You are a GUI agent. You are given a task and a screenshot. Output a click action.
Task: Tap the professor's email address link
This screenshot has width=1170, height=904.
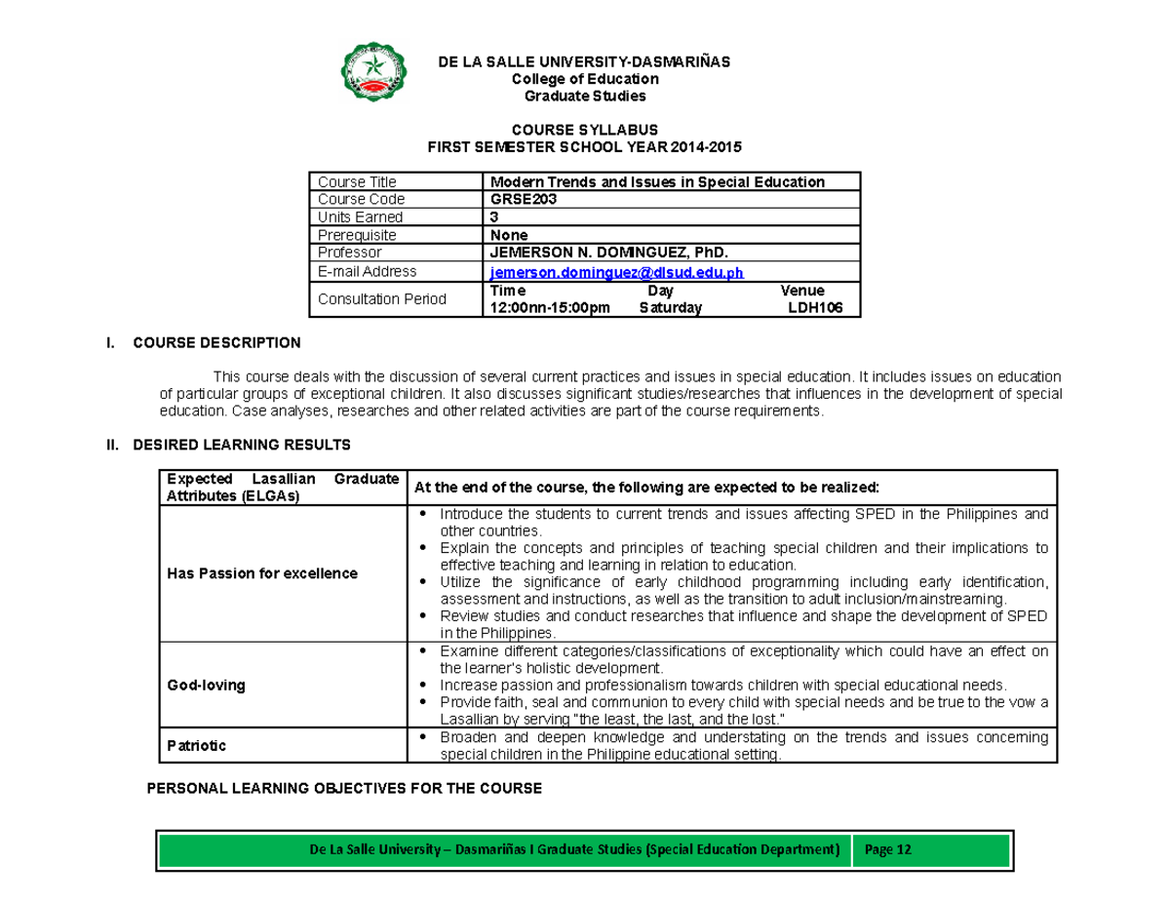[608, 272]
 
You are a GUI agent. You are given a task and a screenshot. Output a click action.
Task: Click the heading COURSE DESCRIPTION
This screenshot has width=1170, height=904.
[216, 343]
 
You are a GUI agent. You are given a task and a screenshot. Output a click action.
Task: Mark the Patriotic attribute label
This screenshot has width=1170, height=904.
[197, 746]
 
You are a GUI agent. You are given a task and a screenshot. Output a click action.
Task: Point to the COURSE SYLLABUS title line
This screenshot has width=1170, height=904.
[585, 130]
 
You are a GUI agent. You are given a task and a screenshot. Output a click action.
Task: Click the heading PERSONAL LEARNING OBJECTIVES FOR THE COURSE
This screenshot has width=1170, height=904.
[342, 788]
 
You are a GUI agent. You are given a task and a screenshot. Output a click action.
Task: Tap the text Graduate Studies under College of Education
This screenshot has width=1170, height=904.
[585, 97]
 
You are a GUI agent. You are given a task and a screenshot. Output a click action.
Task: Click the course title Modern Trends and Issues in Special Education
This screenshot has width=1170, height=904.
[656, 181]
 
